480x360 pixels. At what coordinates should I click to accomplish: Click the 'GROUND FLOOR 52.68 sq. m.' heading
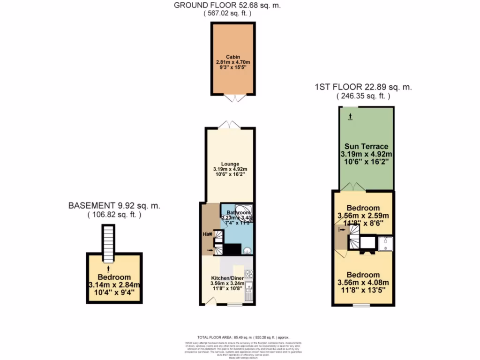click(x=227, y=6)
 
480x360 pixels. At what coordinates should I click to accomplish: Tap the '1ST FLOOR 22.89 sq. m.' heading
click(x=363, y=87)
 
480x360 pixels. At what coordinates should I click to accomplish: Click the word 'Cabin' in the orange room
click(x=233, y=57)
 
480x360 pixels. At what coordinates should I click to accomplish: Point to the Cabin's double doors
click(x=233, y=98)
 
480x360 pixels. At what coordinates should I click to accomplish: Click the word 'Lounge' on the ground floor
click(x=230, y=164)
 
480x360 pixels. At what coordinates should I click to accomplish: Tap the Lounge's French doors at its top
click(x=230, y=124)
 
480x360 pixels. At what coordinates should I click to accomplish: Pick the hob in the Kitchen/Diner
click(x=249, y=273)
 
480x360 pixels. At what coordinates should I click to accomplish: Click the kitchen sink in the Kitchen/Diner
click(x=249, y=288)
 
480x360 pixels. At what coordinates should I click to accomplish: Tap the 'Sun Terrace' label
click(x=366, y=146)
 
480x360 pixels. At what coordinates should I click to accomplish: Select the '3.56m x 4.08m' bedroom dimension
click(x=363, y=283)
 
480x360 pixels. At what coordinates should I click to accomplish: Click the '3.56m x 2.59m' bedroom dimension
click(x=363, y=216)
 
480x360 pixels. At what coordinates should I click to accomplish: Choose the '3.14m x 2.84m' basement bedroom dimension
click(x=114, y=285)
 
